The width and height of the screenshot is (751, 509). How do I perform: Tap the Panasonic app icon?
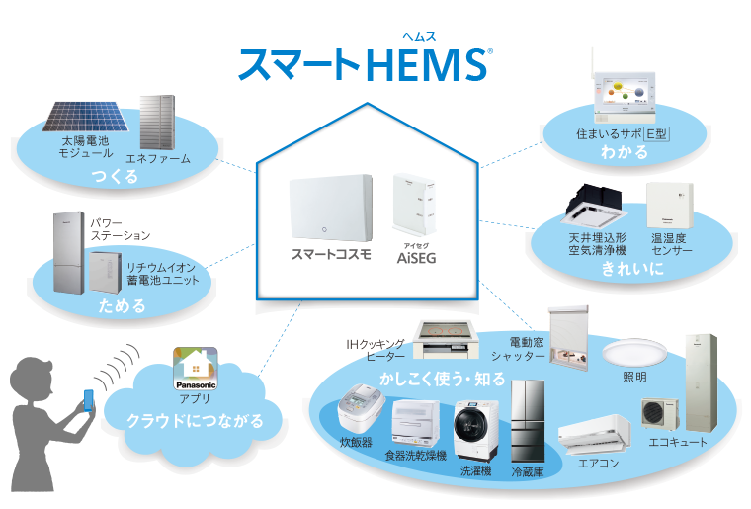pos(196,368)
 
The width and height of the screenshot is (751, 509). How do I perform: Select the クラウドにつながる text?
pos(195,421)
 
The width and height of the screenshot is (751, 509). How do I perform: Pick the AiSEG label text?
pos(417,260)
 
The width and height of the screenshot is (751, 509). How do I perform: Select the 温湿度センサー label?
pos(672,245)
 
